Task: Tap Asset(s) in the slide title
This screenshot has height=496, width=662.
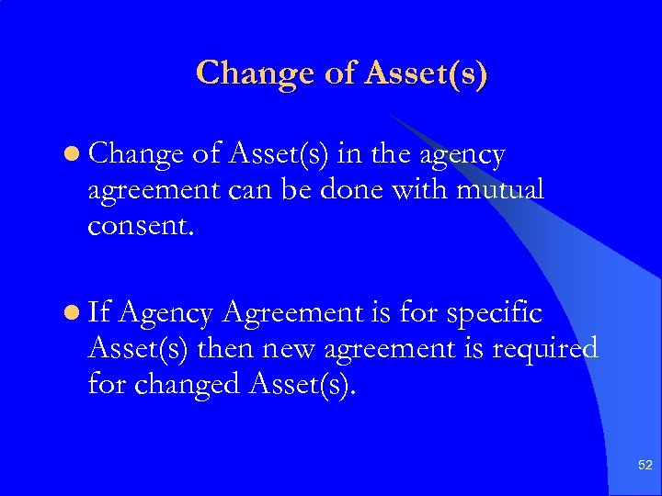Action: coord(426,73)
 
